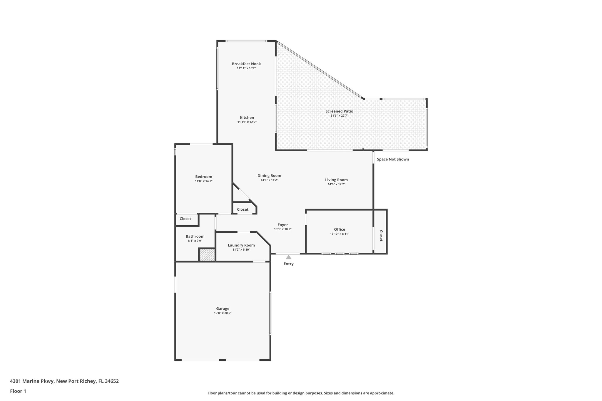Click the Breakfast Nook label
246,64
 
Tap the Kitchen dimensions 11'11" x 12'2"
247,122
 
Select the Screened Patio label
339,111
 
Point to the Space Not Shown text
393,159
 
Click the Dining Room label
269,176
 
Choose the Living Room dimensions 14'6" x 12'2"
336,184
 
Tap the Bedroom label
203,177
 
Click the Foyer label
283,225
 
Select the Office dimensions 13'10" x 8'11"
340,234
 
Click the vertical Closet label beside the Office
381,236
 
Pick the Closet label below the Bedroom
185,219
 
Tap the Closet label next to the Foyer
243,209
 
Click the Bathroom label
195,236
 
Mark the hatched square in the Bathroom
207,255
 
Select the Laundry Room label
241,245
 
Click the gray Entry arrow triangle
289,257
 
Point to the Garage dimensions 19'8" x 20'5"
223,313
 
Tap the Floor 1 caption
18,391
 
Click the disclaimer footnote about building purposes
301,393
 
